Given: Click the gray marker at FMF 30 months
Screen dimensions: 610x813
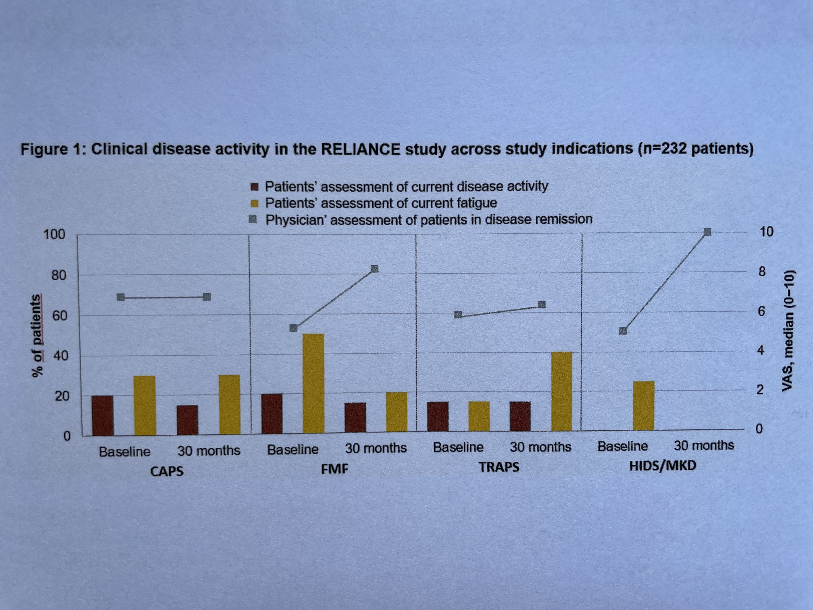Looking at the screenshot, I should (374, 269).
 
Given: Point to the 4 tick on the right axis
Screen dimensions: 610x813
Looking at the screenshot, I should (760, 350).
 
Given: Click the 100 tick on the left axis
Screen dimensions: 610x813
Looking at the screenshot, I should (54, 234).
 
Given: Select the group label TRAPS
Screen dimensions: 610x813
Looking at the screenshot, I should (499, 467).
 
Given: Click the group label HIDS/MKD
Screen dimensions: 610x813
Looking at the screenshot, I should (663, 466).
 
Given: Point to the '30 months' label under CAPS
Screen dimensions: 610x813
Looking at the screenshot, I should (209, 450).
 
